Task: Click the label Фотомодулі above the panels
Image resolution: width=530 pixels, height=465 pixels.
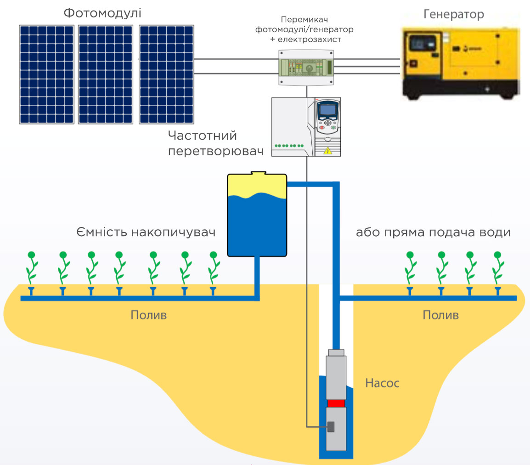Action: coord(102,13)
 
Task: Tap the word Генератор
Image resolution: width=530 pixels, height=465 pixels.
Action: coord(454,14)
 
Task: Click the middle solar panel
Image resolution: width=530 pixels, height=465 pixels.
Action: coord(106,74)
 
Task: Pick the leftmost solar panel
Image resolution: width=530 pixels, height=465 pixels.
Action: coord(47,74)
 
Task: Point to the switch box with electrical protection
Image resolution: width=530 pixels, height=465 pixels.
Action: coord(306,67)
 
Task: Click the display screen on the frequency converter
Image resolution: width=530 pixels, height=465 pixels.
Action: coord(327,110)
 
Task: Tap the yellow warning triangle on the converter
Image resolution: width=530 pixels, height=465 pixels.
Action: coord(328,151)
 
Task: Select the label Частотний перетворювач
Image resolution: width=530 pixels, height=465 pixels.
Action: coord(216,143)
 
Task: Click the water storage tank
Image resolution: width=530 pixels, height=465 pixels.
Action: coord(257,215)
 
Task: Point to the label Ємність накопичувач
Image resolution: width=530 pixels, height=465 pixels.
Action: coord(146,232)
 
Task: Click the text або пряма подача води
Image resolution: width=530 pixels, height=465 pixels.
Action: coord(434,232)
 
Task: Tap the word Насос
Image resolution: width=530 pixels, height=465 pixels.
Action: coord(382,383)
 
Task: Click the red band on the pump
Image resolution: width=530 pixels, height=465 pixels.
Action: coord(336,403)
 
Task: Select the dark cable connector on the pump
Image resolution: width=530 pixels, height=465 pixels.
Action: coord(331,427)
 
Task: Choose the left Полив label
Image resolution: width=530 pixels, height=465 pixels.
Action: coord(149,315)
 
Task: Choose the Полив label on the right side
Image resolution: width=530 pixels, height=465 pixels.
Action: coord(441,315)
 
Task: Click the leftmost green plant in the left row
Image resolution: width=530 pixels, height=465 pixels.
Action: coord(31,268)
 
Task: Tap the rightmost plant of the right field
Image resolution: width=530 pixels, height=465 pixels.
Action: coord(498,268)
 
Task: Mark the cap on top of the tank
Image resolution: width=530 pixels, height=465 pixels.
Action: coord(258,173)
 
